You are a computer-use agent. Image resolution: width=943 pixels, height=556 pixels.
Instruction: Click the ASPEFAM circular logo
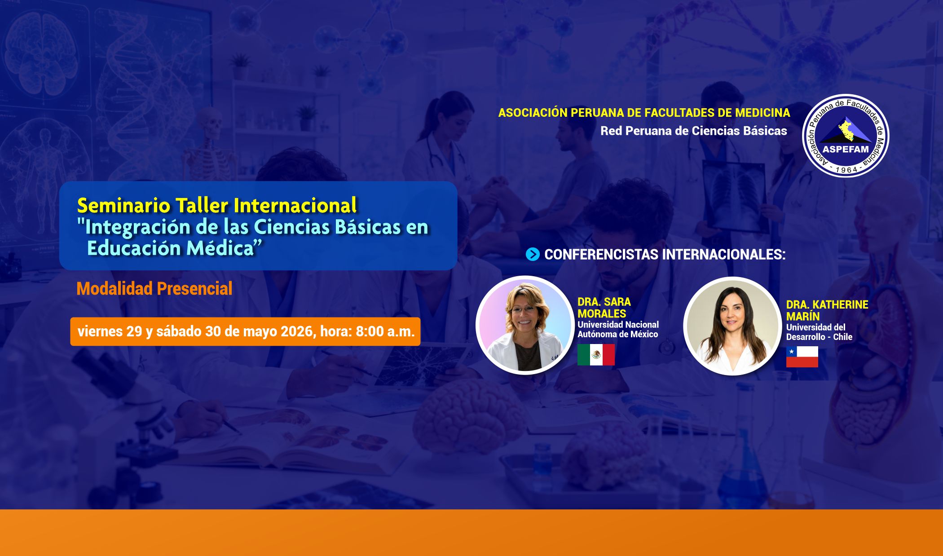[846, 136]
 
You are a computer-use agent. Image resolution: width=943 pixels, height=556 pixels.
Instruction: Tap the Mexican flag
[596, 355]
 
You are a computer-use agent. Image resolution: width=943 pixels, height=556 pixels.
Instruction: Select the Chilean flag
[802, 357]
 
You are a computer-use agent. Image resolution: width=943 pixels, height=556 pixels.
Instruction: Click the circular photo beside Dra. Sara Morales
[525, 325]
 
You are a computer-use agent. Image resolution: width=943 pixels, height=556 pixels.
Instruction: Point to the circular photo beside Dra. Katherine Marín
[732, 327]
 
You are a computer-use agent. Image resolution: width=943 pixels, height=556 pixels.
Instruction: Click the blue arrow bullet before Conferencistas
[533, 255]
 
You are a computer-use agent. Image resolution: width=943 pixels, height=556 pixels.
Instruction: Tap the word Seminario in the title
[124, 206]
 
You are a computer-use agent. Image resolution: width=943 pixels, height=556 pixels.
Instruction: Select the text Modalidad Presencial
[154, 288]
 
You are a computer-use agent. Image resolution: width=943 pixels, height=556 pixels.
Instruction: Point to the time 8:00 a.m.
[385, 331]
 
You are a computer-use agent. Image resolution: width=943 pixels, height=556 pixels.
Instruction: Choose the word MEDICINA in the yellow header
[762, 113]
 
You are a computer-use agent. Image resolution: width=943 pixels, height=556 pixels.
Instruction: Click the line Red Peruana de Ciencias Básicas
[694, 131]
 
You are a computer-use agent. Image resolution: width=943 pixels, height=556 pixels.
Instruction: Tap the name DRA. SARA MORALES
[604, 308]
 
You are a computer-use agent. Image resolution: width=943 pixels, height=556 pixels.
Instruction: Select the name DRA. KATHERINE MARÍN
[827, 310]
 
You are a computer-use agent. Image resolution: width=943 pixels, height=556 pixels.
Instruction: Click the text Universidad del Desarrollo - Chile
[819, 332]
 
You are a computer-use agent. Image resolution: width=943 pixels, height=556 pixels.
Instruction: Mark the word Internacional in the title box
[295, 206]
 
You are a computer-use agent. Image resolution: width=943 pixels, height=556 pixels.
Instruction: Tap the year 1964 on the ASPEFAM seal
[846, 170]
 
